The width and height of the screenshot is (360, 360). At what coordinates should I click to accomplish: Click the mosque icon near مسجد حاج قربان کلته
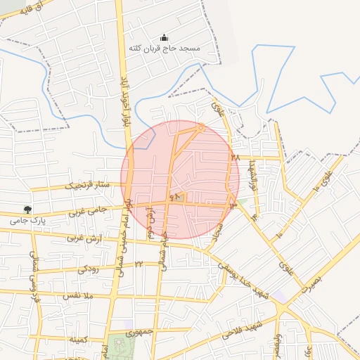tap(165, 38)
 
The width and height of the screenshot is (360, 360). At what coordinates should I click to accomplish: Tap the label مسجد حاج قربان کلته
tap(165, 49)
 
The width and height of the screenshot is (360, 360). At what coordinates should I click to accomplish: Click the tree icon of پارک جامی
tap(27, 210)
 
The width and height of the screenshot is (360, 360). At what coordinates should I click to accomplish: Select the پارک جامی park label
tap(28, 220)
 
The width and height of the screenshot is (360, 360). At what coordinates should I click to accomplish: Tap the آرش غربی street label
tap(85, 238)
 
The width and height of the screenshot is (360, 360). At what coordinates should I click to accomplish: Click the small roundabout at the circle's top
tap(201, 127)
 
